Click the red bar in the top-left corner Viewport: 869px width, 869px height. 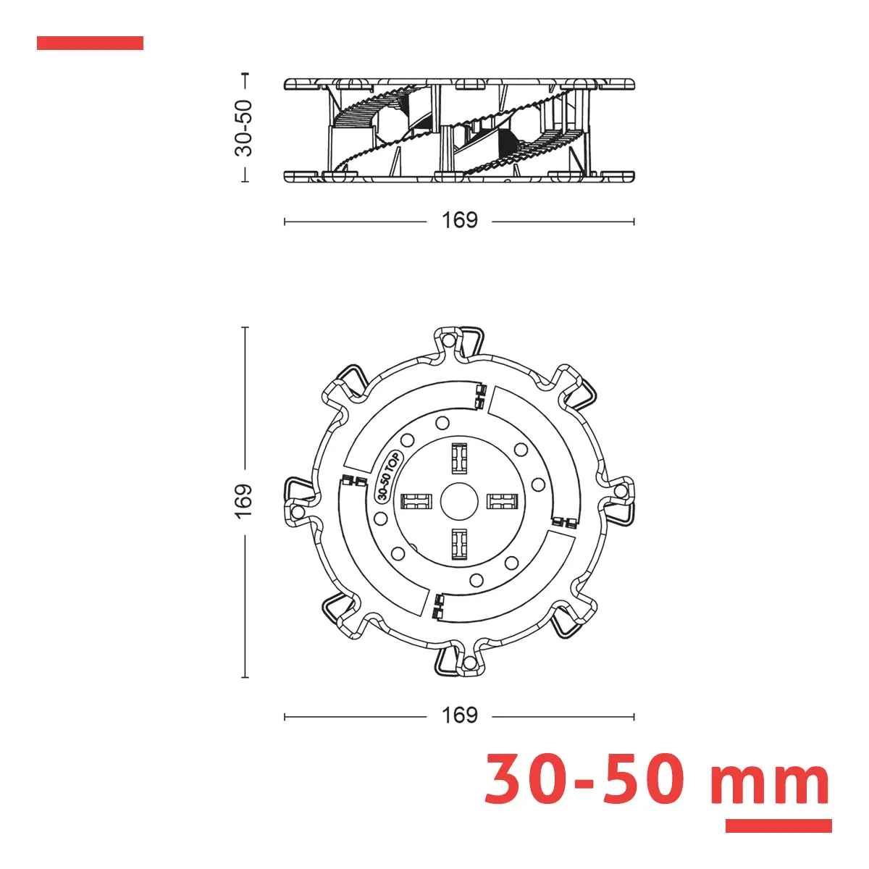click(90, 43)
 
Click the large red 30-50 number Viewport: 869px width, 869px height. click(584, 779)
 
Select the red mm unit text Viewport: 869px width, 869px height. click(770, 785)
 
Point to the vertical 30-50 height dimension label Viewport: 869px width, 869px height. click(244, 128)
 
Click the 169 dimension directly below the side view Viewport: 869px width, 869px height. click(459, 221)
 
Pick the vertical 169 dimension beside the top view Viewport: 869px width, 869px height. click(244, 501)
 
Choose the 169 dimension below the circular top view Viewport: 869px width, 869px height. click(459, 715)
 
